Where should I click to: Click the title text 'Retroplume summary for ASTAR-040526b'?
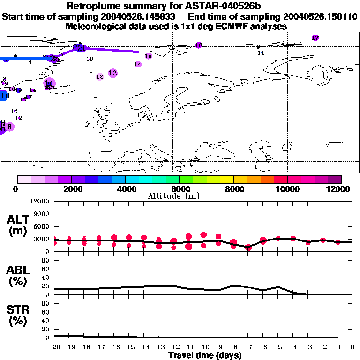[x=180, y=6]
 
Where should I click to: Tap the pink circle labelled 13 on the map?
[x=112, y=73]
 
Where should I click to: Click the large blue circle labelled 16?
[x=4, y=96]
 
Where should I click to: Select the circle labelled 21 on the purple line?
[x=80, y=47]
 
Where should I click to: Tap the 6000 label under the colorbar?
[x=180, y=189]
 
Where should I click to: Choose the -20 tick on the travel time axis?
[x=54, y=347]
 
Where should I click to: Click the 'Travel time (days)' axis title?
[x=205, y=355]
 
